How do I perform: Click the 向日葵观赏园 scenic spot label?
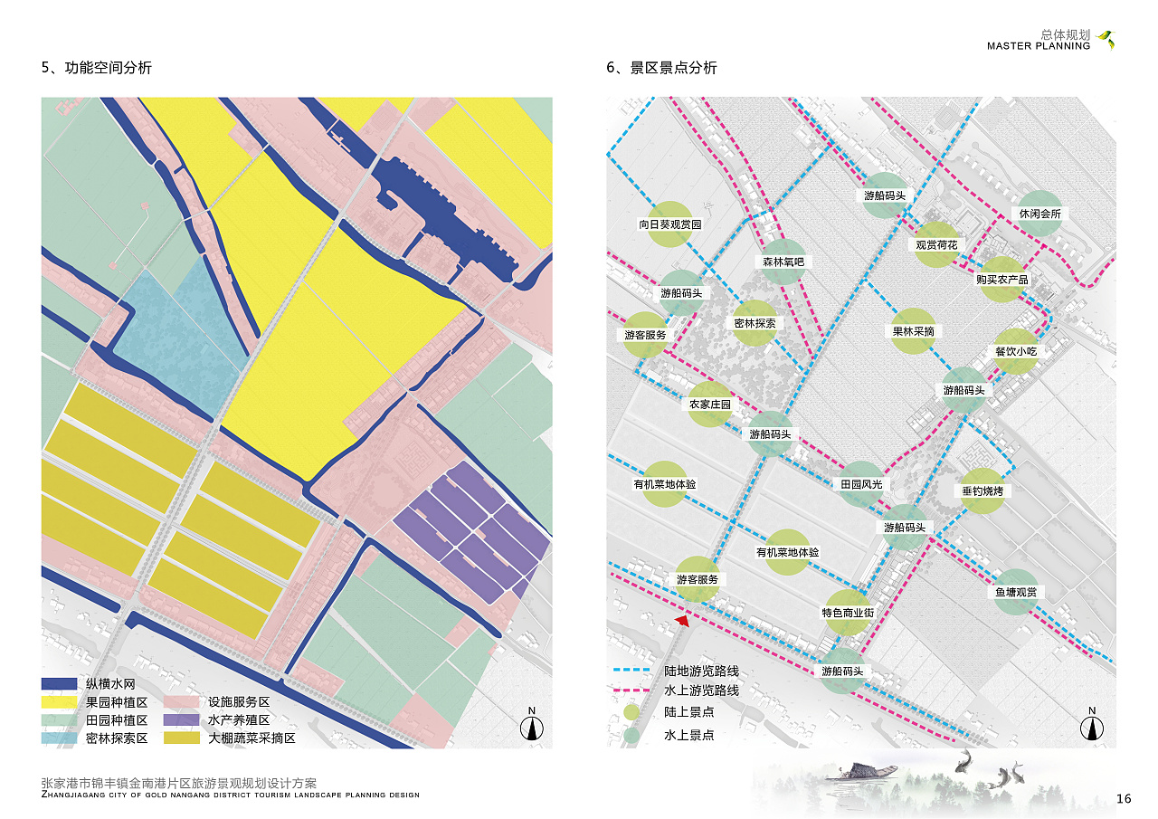pyautogui.click(x=670, y=224)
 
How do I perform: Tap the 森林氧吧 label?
pyautogui.click(x=783, y=262)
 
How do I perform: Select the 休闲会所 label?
pyautogui.click(x=1039, y=214)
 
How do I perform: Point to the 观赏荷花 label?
pyautogui.click(x=935, y=245)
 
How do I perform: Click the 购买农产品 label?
pyautogui.click(x=1001, y=280)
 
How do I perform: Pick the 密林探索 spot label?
pyautogui.click(x=755, y=323)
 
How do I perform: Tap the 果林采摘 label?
pyautogui.click(x=913, y=331)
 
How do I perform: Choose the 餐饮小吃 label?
pyautogui.click(x=1015, y=351)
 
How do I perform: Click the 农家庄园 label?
pyautogui.click(x=709, y=405)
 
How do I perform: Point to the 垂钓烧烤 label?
pyautogui.click(x=982, y=491)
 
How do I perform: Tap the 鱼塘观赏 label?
pyautogui.click(x=1015, y=593)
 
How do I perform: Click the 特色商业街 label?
pyautogui.click(x=848, y=613)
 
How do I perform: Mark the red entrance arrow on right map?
pyautogui.click(x=683, y=620)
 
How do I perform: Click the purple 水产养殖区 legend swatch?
pyautogui.click(x=181, y=720)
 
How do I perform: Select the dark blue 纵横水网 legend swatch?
pyautogui.click(x=59, y=684)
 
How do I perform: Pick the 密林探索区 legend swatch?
pyautogui.click(x=59, y=738)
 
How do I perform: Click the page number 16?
pyautogui.click(x=1124, y=798)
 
